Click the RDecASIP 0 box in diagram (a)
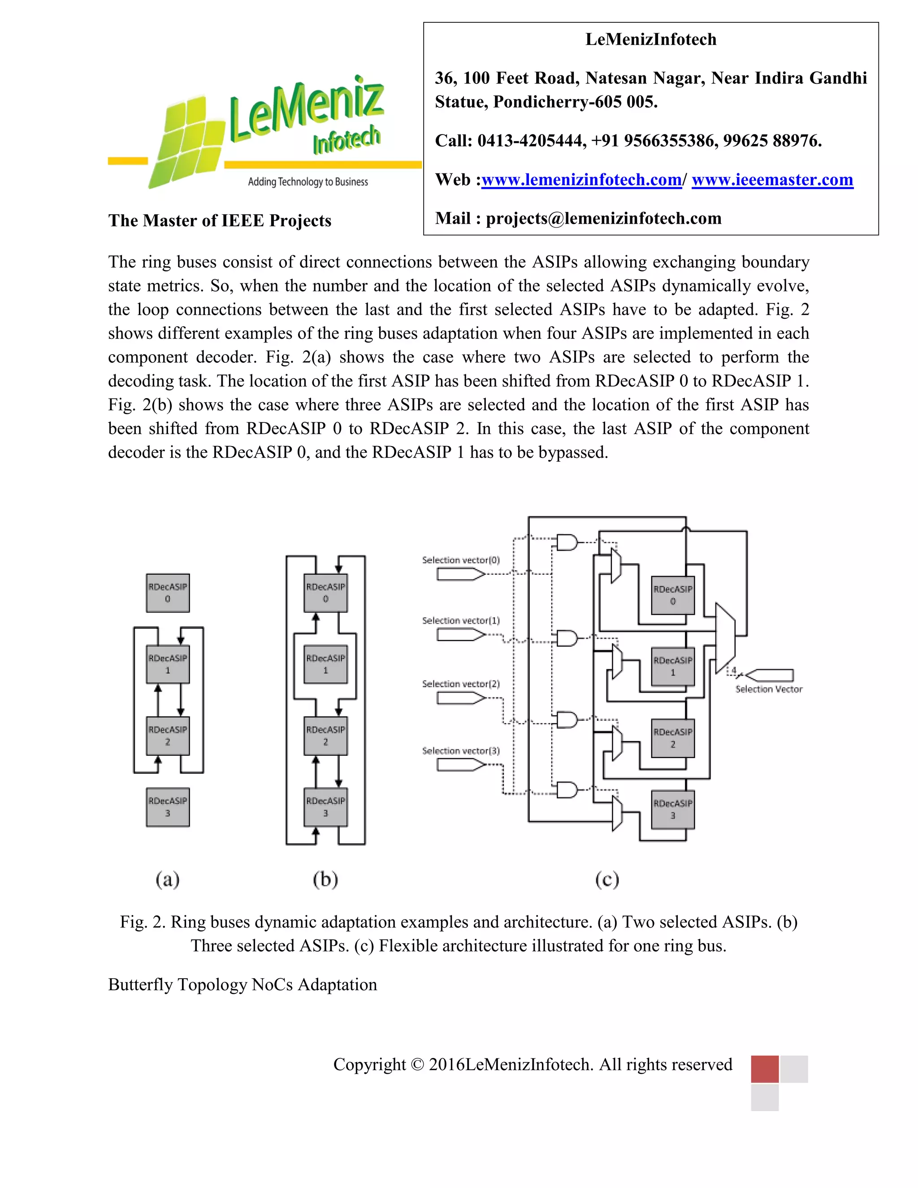tap(168, 593)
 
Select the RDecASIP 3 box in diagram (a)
tap(168, 807)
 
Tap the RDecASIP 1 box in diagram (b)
tap(325, 664)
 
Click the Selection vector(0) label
tap(461, 560)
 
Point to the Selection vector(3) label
tap(461, 750)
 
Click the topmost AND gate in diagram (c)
tap(566, 542)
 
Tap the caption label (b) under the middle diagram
tap(325, 880)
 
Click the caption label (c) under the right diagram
tap(607, 880)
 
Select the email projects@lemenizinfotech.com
tap(604, 218)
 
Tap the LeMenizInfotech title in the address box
tap(651, 39)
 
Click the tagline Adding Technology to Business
tap(308, 182)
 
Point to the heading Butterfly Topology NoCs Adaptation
tap(242, 984)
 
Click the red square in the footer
tap(764, 1068)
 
